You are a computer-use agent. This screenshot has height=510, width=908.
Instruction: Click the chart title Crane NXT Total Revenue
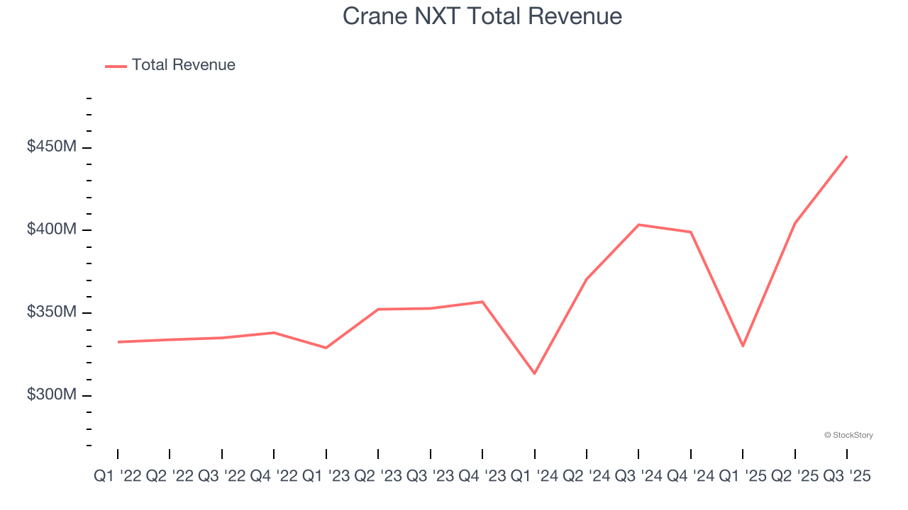pyautogui.click(x=482, y=16)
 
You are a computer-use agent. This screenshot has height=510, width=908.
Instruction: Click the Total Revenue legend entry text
pyautogui.click(x=183, y=65)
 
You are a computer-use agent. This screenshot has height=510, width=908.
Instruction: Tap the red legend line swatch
pyautogui.click(x=116, y=66)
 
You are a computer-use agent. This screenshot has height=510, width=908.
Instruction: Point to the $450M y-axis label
pyautogui.click(x=52, y=147)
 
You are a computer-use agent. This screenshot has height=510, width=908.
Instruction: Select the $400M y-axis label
pyautogui.click(x=52, y=229)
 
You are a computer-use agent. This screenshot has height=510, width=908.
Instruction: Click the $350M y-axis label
pyautogui.click(x=52, y=312)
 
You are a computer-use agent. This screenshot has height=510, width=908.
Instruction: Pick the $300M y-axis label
pyautogui.click(x=52, y=395)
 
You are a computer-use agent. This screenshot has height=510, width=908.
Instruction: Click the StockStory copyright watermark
pyautogui.click(x=848, y=435)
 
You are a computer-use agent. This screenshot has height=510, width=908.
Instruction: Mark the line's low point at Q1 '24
pyautogui.click(x=534, y=373)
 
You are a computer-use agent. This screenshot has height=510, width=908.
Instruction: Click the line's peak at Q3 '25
pyautogui.click(x=847, y=156)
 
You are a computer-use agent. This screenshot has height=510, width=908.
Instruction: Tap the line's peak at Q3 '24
pyautogui.click(x=638, y=225)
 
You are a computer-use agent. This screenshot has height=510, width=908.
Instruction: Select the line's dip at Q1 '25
pyautogui.click(x=743, y=346)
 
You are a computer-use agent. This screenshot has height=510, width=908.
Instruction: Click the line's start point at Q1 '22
pyautogui.click(x=118, y=342)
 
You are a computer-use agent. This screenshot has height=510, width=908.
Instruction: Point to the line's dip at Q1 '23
pyautogui.click(x=326, y=348)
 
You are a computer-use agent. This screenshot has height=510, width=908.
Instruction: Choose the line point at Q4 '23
pyautogui.click(x=482, y=302)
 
